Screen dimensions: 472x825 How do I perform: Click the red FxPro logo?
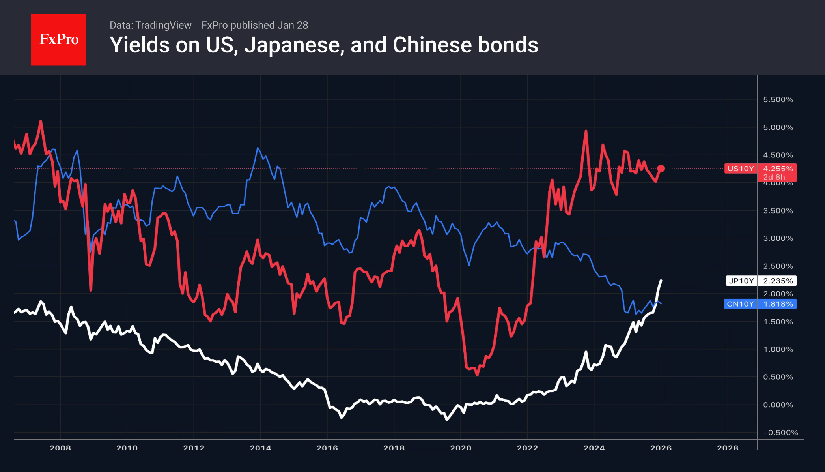tap(58, 39)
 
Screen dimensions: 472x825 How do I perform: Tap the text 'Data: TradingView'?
tap(150, 25)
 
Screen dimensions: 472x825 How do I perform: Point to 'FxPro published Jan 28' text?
tap(255, 25)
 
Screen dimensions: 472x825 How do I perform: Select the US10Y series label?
tap(740, 169)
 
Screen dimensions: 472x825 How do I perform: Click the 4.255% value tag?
tap(778, 169)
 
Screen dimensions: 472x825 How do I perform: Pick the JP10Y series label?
tap(741, 281)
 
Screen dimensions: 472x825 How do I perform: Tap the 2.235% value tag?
tap(778, 281)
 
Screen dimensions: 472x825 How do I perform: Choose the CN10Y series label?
tap(740, 304)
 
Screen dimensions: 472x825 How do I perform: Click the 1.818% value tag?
tap(778, 304)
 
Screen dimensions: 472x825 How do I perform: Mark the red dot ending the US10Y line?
tap(661, 169)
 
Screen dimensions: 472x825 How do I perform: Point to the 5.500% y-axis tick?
tap(778, 99)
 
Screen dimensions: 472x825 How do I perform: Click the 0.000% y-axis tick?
tap(778, 405)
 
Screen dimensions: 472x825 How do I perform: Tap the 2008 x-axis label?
tap(60, 448)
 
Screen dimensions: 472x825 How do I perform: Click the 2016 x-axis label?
tap(327, 448)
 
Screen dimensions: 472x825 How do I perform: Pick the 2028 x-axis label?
tap(728, 448)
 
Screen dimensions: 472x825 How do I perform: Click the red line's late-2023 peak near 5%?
tap(586, 131)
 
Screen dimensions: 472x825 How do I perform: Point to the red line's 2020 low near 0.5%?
tap(478, 375)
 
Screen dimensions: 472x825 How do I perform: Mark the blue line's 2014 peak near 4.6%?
tap(258, 148)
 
